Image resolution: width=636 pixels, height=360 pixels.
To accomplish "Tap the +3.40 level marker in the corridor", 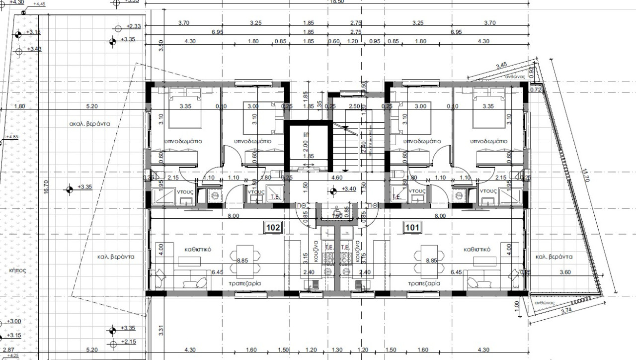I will [x=348, y=189].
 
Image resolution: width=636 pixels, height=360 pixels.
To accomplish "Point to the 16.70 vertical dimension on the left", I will [x=46, y=186].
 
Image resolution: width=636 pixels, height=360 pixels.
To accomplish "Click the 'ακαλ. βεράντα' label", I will [x=89, y=124].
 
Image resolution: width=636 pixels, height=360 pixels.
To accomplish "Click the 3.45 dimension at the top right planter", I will [x=501, y=65].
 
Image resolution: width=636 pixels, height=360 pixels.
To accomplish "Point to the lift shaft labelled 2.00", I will [x=305, y=147].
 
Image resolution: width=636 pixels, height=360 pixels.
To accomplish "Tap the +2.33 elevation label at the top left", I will [x=134, y=26].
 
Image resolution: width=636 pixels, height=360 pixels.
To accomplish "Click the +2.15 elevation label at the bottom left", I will [x=128, y=342].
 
